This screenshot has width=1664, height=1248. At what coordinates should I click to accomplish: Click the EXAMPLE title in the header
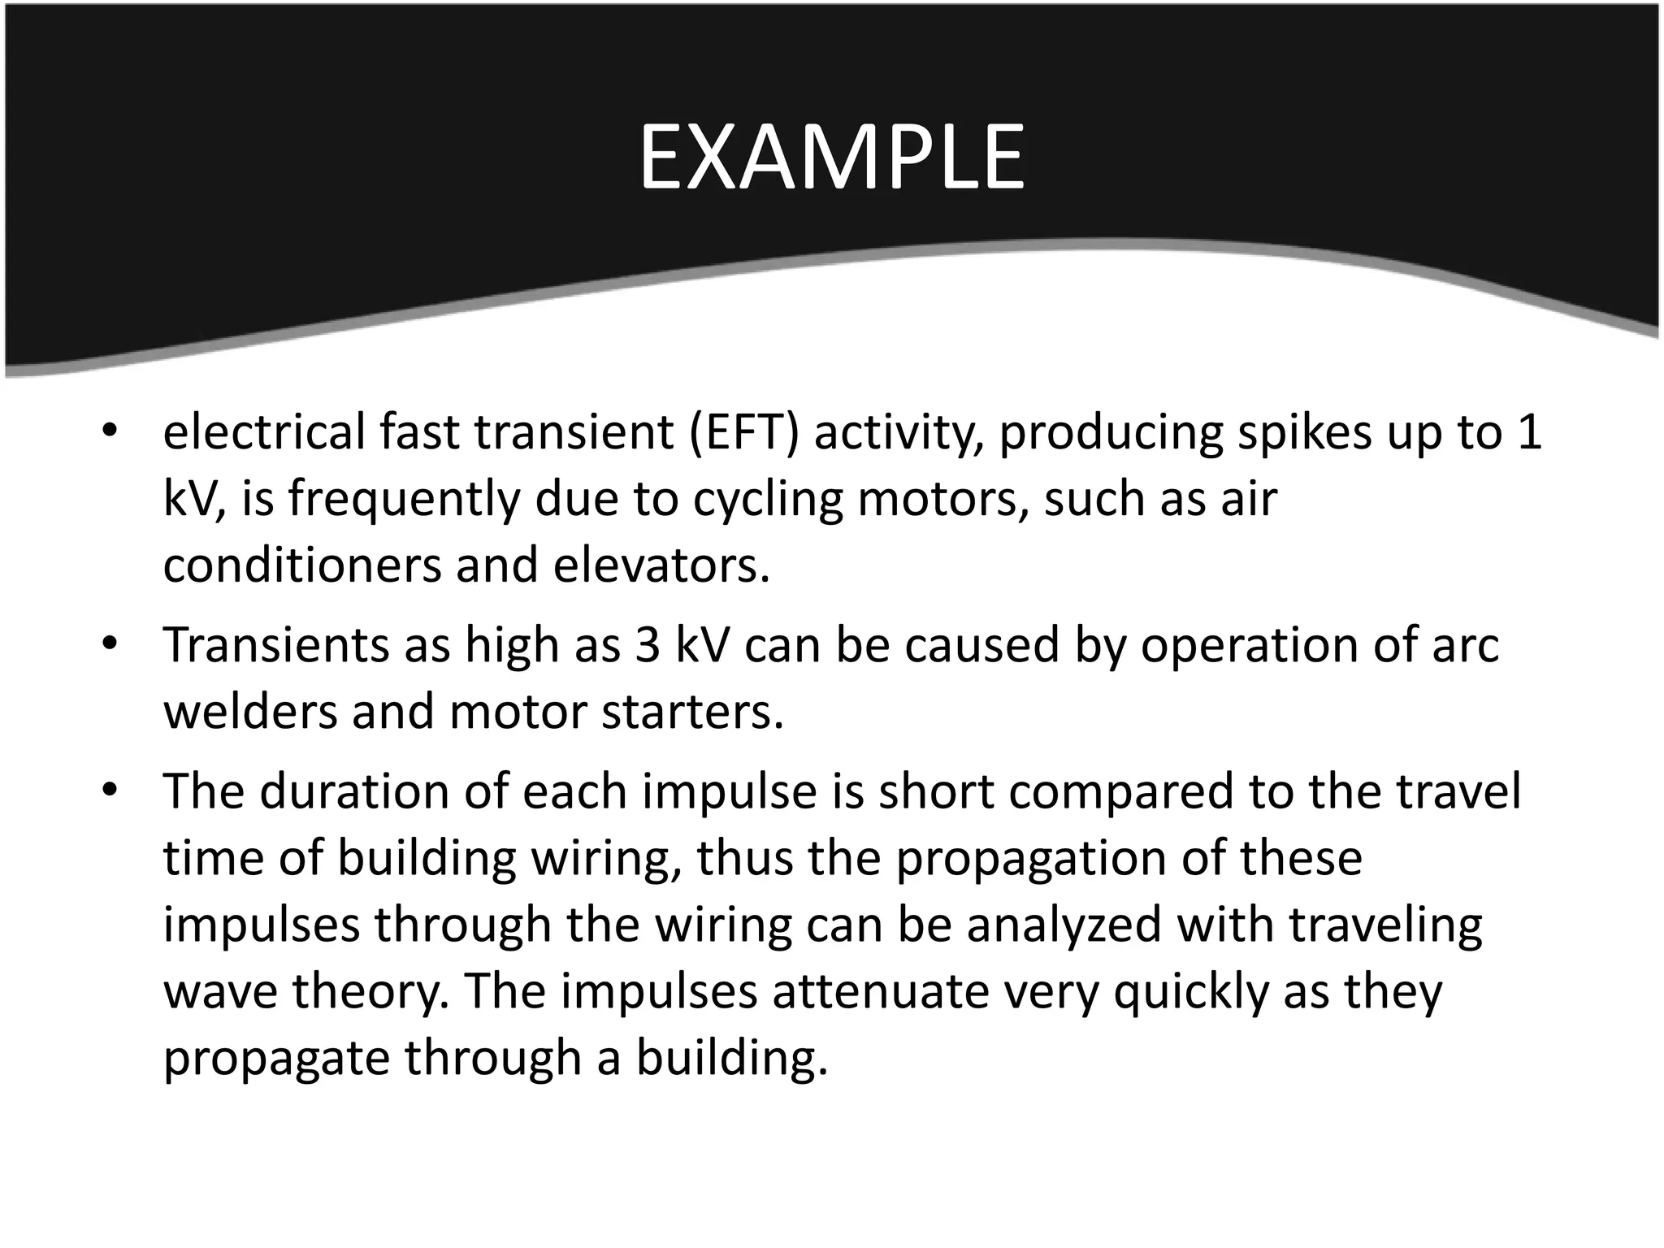pyautogui.click(x=831, y=158)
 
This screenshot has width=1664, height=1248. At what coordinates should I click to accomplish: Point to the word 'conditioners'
pyautogui.click(x=301, y=565)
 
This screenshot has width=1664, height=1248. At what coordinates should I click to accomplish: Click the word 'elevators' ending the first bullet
pyautogui.click(x=660, y=565)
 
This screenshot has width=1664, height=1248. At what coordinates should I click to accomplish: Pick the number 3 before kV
pyautogui.click(x=647, y=645)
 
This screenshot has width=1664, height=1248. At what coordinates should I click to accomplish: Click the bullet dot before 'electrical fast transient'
pyautogui.click(x=110, y=431)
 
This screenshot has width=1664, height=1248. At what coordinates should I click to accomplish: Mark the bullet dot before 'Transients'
pyautogui.click(x=110, y=645)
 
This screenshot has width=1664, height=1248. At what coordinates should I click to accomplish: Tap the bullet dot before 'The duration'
pyautogui.click(x=110, y=791)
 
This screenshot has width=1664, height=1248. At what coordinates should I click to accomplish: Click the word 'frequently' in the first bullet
pyautogui.click(x=402, y=499)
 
